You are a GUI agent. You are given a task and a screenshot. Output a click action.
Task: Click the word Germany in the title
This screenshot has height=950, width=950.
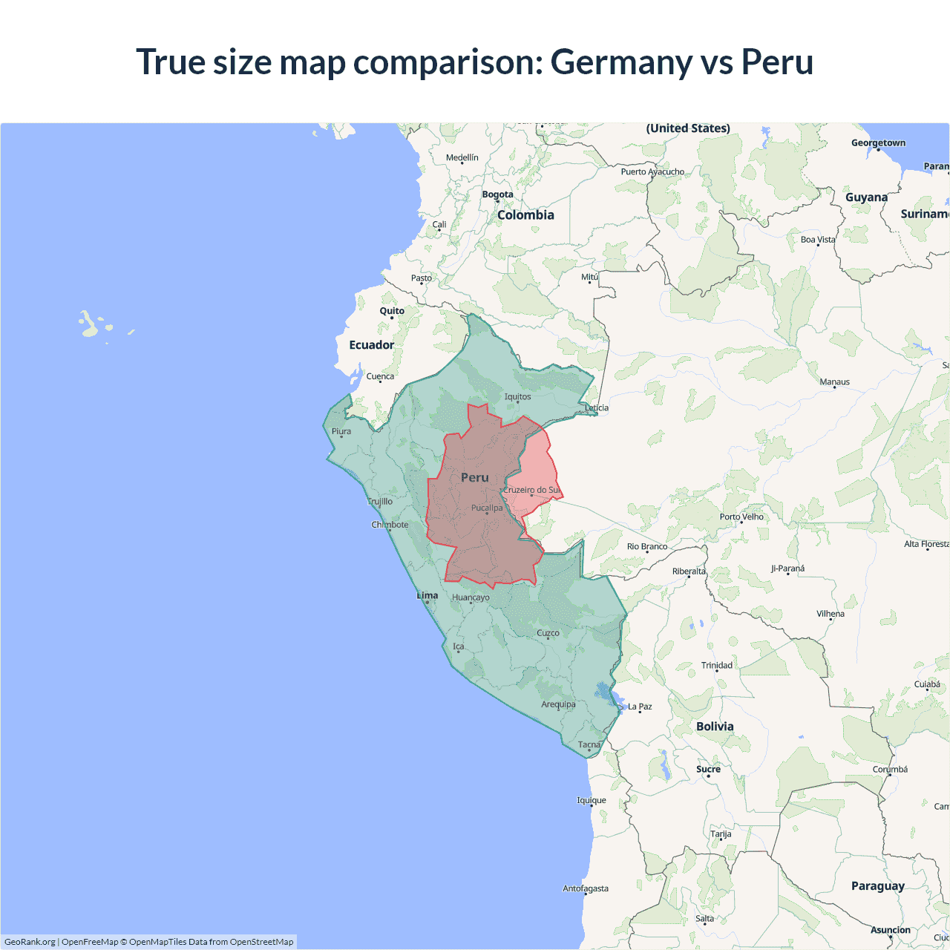pyautogui.click(x=620, y=62)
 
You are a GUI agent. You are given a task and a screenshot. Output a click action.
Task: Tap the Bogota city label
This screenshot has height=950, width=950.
pyautogui.click(x=497, y=194)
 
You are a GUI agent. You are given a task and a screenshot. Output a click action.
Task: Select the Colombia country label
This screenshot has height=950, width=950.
pyautogui.click(x=525, y=215)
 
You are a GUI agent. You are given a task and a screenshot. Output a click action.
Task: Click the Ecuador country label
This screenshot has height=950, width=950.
pyautogui.click(x=371, y=345)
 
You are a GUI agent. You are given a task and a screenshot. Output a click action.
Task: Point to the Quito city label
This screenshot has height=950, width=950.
pyautogui.click(x=392, y=311)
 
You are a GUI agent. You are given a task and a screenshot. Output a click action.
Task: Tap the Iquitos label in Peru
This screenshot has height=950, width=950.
pyautogui.click(x=517, y=396)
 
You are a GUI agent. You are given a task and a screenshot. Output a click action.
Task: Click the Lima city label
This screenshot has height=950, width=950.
pyautogui.click(x=427, y=595)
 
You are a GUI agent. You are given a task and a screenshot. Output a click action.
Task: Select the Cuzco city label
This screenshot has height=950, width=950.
pyautogui.click(x=548, y=633)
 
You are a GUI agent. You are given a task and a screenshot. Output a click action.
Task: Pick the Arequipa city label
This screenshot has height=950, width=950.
pyautogui.click(x=558, y=704)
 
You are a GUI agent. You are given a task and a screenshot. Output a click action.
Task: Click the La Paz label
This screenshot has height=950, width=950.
pyautogui.click(x=640, y=707)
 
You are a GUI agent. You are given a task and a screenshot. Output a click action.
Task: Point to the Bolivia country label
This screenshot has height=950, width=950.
pyautogui.click(x=715, y=727)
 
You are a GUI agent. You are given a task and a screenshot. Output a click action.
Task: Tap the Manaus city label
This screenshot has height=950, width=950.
pyautogui.click(x=834, y=381)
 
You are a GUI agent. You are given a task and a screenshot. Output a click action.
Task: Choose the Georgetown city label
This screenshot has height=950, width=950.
pyautogui.click(x=878, y=143)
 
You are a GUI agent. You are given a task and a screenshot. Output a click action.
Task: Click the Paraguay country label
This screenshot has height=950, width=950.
pyautogui.click(x=877, y=885)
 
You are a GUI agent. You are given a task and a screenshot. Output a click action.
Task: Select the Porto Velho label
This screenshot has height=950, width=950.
pyautogui.click(x=741, y=517)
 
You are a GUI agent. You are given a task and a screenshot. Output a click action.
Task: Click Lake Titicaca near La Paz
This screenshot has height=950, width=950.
pyautogui.click(x=607, y=695)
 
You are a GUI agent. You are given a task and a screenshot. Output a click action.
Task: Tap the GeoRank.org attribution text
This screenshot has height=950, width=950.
pyautogui.click(x=30, y=942)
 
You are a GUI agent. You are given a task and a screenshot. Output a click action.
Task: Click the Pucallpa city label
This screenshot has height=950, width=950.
pyautogui.click(x=486, y=508)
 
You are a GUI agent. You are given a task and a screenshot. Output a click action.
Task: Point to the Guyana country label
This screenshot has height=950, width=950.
pyautogui.click(x=866, y=197)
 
